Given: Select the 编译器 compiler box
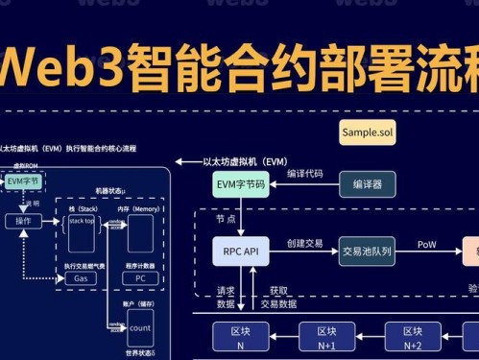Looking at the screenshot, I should (x=367, y=183).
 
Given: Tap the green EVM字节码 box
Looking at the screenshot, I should (x=240, y=183).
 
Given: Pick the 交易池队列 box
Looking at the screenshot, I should (x=367, y=252).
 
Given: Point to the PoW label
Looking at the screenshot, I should (x=427, y=245).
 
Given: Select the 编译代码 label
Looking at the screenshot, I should (x=304, y=174).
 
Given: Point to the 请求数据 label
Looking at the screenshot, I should (x=226, y=298).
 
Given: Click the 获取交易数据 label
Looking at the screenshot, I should (x=279, y=298).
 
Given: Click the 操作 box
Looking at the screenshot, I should (x=23, y=222).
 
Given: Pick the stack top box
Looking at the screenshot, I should (x=82, y=222).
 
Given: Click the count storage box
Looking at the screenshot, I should (x=139, y=327).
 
